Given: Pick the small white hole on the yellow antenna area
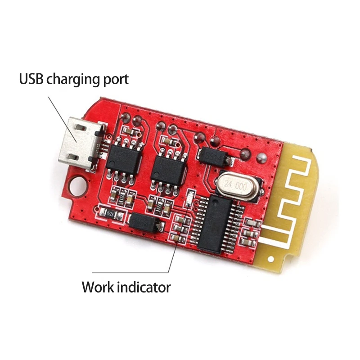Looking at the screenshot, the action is click(271, 259).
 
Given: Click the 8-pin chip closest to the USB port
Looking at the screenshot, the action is click(124, 161).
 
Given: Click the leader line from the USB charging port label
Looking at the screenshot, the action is click(63, 119).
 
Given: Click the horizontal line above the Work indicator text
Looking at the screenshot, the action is click(130, 273).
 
